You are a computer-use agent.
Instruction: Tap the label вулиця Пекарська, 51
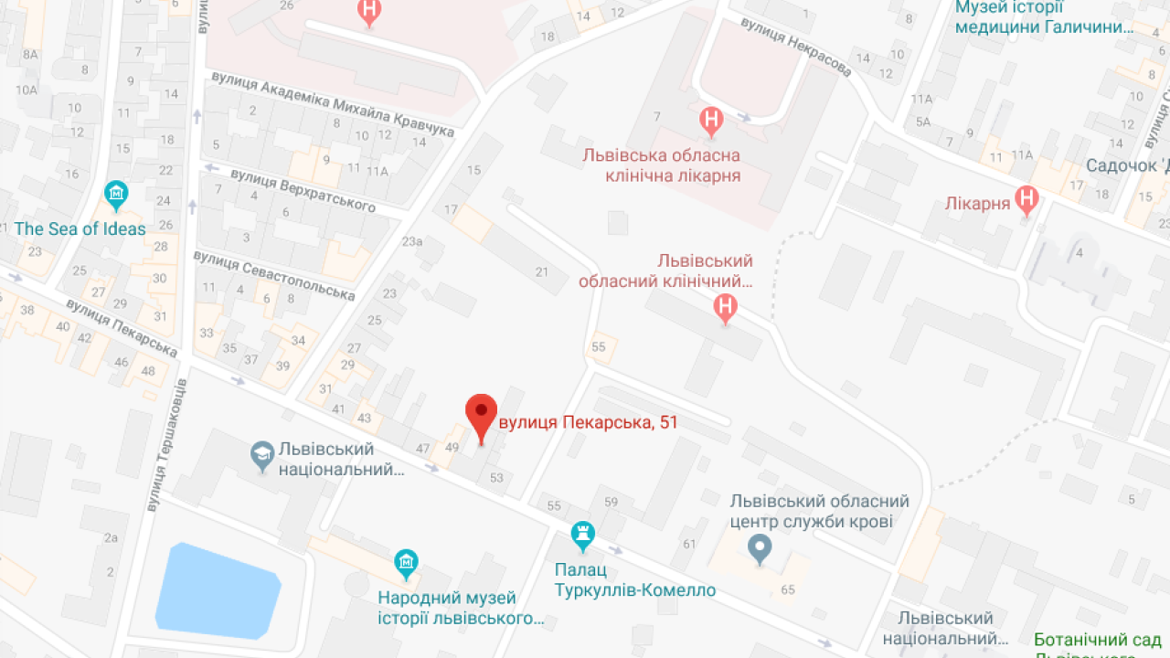coord(588,422)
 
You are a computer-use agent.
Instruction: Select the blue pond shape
coord(217,589)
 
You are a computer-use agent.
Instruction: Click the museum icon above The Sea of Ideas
coord(116,194)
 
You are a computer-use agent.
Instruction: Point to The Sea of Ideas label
coord(80,228)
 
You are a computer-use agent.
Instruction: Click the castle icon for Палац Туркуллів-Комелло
coord(582,533)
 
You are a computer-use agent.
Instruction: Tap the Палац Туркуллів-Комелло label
coord(634,579)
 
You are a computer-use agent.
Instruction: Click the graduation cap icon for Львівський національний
coord(262,452)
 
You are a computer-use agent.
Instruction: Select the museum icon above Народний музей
coord(407,562)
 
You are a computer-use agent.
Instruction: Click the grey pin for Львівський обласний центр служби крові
coord(760,548)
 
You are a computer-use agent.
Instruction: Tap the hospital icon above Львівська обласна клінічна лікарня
coord(710,120)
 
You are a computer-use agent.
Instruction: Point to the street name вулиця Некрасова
coord(796,47)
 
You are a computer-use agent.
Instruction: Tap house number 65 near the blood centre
coord(788,589)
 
